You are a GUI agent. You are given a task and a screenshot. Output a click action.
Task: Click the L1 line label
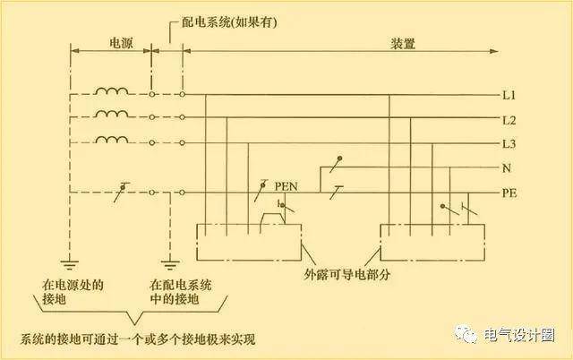[509, 96]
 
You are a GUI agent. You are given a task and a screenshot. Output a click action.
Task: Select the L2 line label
[509, 120]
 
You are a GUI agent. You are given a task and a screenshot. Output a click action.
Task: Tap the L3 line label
[509, 144]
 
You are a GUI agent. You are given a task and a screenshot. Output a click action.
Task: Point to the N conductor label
[507, 168]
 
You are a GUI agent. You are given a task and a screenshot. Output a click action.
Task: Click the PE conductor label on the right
[509, 193]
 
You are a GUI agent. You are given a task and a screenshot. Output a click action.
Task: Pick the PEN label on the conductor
[286, 186]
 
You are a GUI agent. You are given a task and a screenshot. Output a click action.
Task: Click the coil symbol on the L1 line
[112, 91]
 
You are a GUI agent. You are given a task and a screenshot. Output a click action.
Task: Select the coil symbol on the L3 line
[112, 140]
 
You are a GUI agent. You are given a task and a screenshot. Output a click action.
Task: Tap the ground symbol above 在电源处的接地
[69, 264]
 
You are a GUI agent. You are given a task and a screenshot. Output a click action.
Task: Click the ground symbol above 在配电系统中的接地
[170, 264]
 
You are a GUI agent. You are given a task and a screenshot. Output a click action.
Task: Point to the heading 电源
[122, 43]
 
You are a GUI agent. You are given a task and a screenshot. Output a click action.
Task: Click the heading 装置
[403, 44]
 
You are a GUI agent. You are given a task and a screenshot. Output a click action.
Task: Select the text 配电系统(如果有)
[229, 22]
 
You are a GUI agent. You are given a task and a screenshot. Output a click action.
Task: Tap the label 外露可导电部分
[347, 274]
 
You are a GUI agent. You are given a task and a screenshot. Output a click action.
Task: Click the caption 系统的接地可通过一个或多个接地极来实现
[137, 339]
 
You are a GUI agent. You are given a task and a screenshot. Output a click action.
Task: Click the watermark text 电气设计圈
[519, 335]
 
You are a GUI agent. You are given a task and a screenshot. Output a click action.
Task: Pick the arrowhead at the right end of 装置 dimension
[494, 51]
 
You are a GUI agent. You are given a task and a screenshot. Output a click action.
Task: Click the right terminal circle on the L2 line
[182, 117]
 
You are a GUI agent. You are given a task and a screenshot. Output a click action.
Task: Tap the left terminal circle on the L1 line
[152, 94]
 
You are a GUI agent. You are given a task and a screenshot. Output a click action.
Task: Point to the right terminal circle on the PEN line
[182, 193]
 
